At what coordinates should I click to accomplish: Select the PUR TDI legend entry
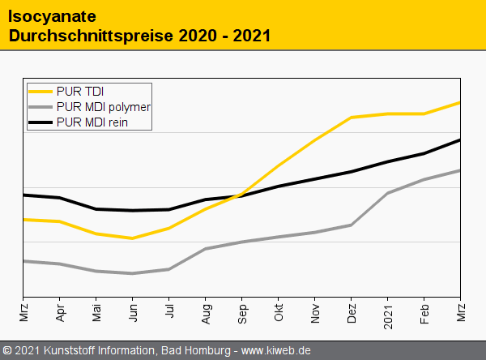click(x=80, y=90)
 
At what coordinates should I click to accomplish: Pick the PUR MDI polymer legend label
click(x=104, y=106)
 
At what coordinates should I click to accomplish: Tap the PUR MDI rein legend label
click(x=93, y=122)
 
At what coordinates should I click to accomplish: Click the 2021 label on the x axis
click(x=388, y=311)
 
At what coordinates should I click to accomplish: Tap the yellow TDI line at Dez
click(x=352, y=118)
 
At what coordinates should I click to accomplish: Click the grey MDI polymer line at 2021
click(x=388, y=193)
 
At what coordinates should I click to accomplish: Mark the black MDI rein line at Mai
click(x=96, y=209)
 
